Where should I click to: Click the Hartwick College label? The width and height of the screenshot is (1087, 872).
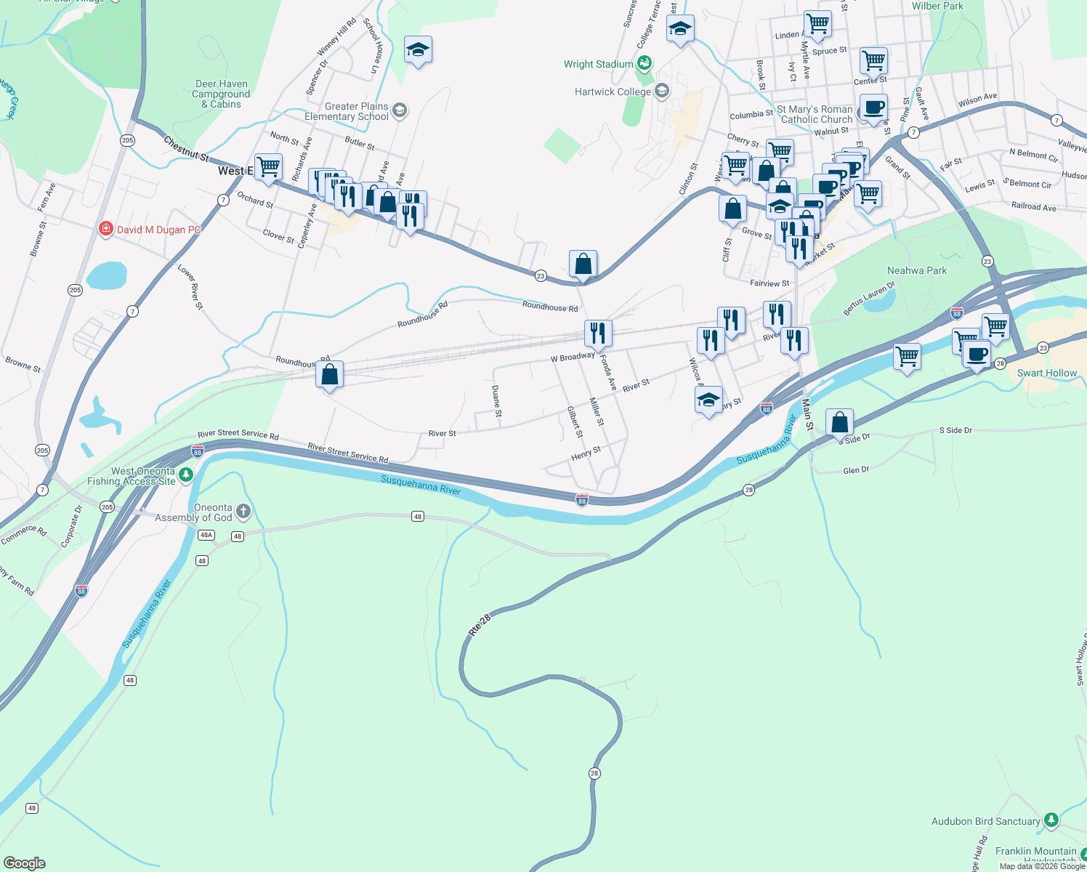point(613,92)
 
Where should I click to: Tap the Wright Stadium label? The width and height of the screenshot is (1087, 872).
point(598,65)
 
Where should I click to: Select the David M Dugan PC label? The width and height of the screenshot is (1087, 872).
point(158,230)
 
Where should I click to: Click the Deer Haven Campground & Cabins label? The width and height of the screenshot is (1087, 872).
point(221,94)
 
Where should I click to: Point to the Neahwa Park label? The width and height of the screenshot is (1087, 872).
point(917,271)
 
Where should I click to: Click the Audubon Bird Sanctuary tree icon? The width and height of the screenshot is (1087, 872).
point(1051,820)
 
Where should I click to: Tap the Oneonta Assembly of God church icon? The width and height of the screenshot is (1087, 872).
point(243,512)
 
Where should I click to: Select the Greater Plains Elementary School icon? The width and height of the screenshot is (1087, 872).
point(399,110)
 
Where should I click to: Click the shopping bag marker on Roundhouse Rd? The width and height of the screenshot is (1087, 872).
point(330,375)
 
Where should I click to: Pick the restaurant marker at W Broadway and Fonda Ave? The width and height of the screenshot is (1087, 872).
point(598,334)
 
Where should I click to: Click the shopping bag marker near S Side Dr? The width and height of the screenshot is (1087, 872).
point(839,422)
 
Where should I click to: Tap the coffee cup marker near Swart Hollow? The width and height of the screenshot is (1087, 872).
point(977,355)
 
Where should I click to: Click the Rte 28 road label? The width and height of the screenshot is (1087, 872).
point(480,626)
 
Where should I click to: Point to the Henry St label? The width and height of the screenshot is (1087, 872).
point(586,453)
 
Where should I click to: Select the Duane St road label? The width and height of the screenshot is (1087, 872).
point(496,401)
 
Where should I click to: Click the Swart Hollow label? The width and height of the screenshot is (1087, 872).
point(1046,374)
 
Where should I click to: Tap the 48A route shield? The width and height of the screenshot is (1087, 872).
point(206,535)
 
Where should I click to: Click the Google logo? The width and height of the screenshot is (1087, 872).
point(25,863)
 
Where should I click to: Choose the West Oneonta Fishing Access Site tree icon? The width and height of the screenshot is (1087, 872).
point(186,475)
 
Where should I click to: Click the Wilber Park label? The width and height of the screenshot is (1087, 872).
point(937,7)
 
